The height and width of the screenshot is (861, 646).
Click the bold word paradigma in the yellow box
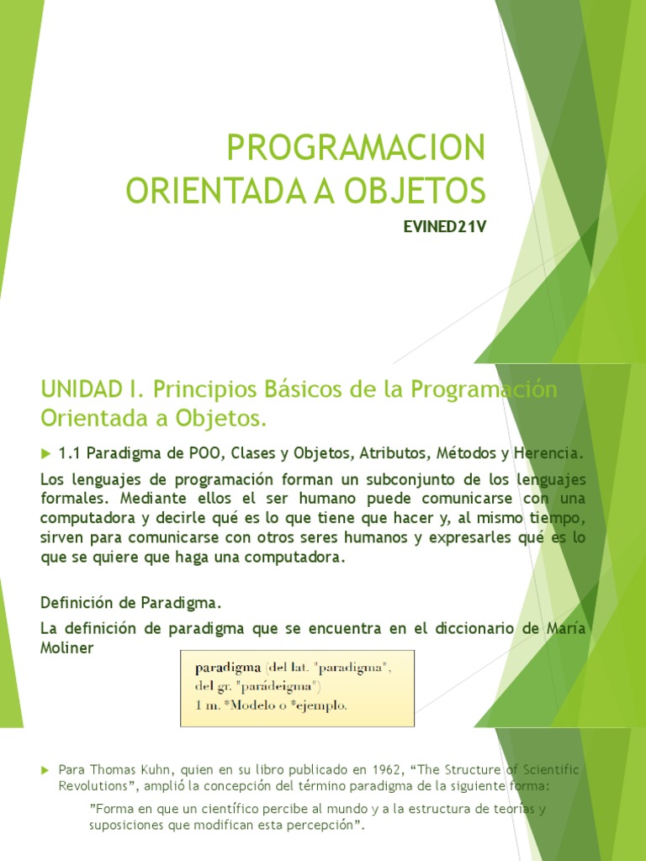pos(228,668)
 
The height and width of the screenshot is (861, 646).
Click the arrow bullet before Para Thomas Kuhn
pos(45,769)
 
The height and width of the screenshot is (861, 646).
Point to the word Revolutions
pos(94,786)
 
